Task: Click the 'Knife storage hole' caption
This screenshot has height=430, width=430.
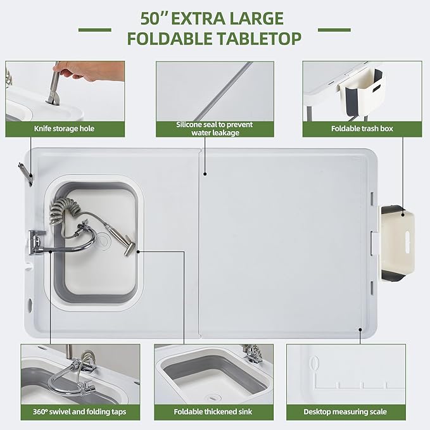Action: tap(65, 129)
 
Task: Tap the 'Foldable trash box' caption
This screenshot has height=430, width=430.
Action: tap(362, 129)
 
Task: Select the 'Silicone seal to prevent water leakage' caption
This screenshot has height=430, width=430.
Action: tap(214, 129)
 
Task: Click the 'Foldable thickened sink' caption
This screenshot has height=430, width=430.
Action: tap(213, 412)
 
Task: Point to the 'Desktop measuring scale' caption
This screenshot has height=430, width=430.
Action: tap(345, 412)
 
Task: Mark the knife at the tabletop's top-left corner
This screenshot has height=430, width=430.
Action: tap(24, 172)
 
